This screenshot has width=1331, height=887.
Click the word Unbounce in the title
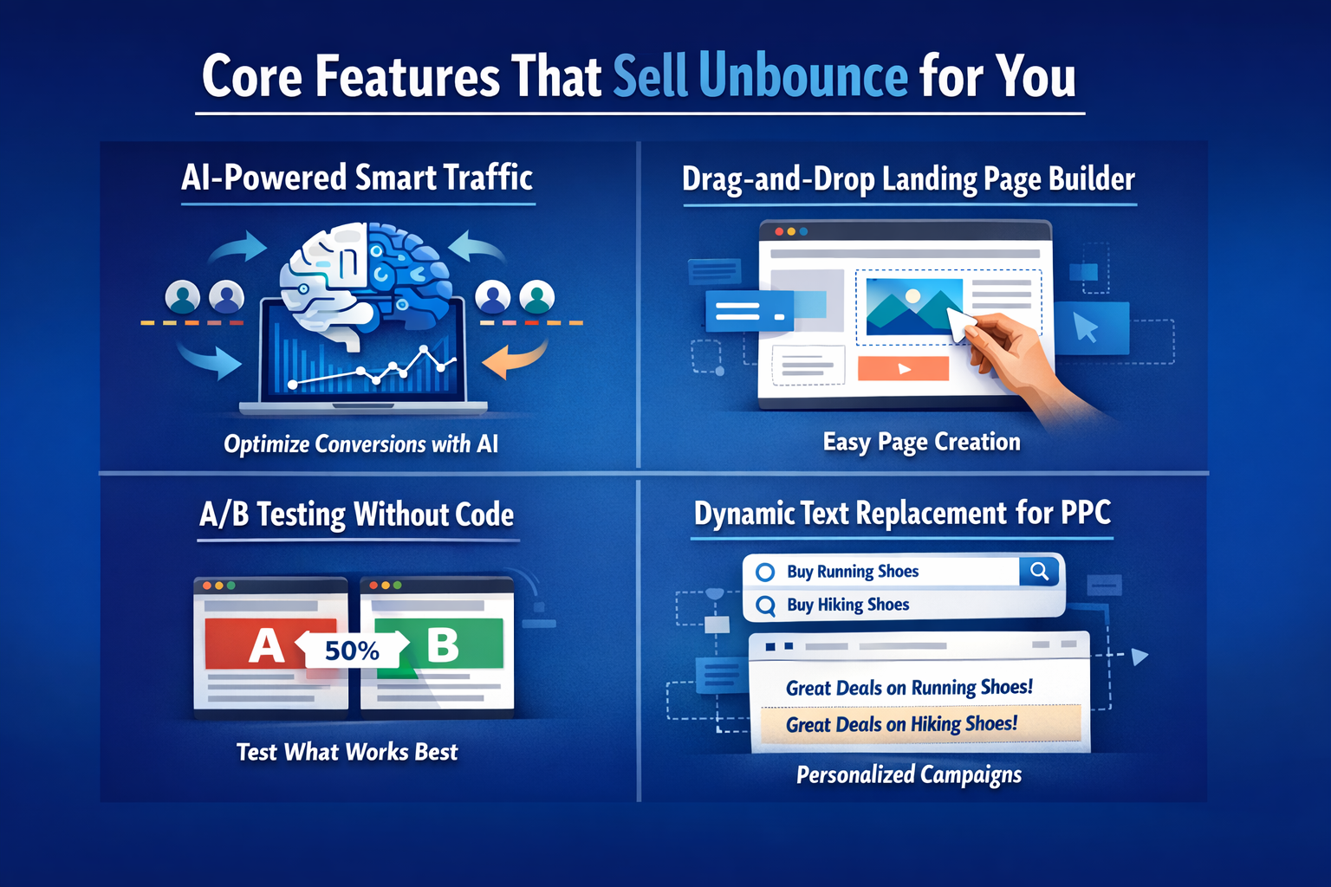[802, 76]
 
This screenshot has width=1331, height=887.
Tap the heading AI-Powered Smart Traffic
[357, 178]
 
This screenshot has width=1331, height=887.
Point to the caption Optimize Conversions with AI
[360, 444]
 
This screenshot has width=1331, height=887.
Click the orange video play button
[903, 368]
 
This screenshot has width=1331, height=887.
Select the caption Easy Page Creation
[921, 442]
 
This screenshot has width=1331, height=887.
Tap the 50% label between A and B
[352, 651]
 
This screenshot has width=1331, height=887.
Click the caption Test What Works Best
[347, 752]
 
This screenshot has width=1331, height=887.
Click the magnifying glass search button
[1039, 572]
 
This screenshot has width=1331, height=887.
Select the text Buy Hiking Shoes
[847, 605]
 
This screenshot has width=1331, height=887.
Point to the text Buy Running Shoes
[852, 572]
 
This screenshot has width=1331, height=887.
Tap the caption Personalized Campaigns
[908, 774]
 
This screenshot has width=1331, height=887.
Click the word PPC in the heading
[1086, 513]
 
